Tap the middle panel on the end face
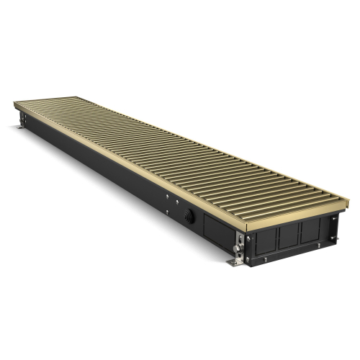point(288,235)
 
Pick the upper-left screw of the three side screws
point(166,195)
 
